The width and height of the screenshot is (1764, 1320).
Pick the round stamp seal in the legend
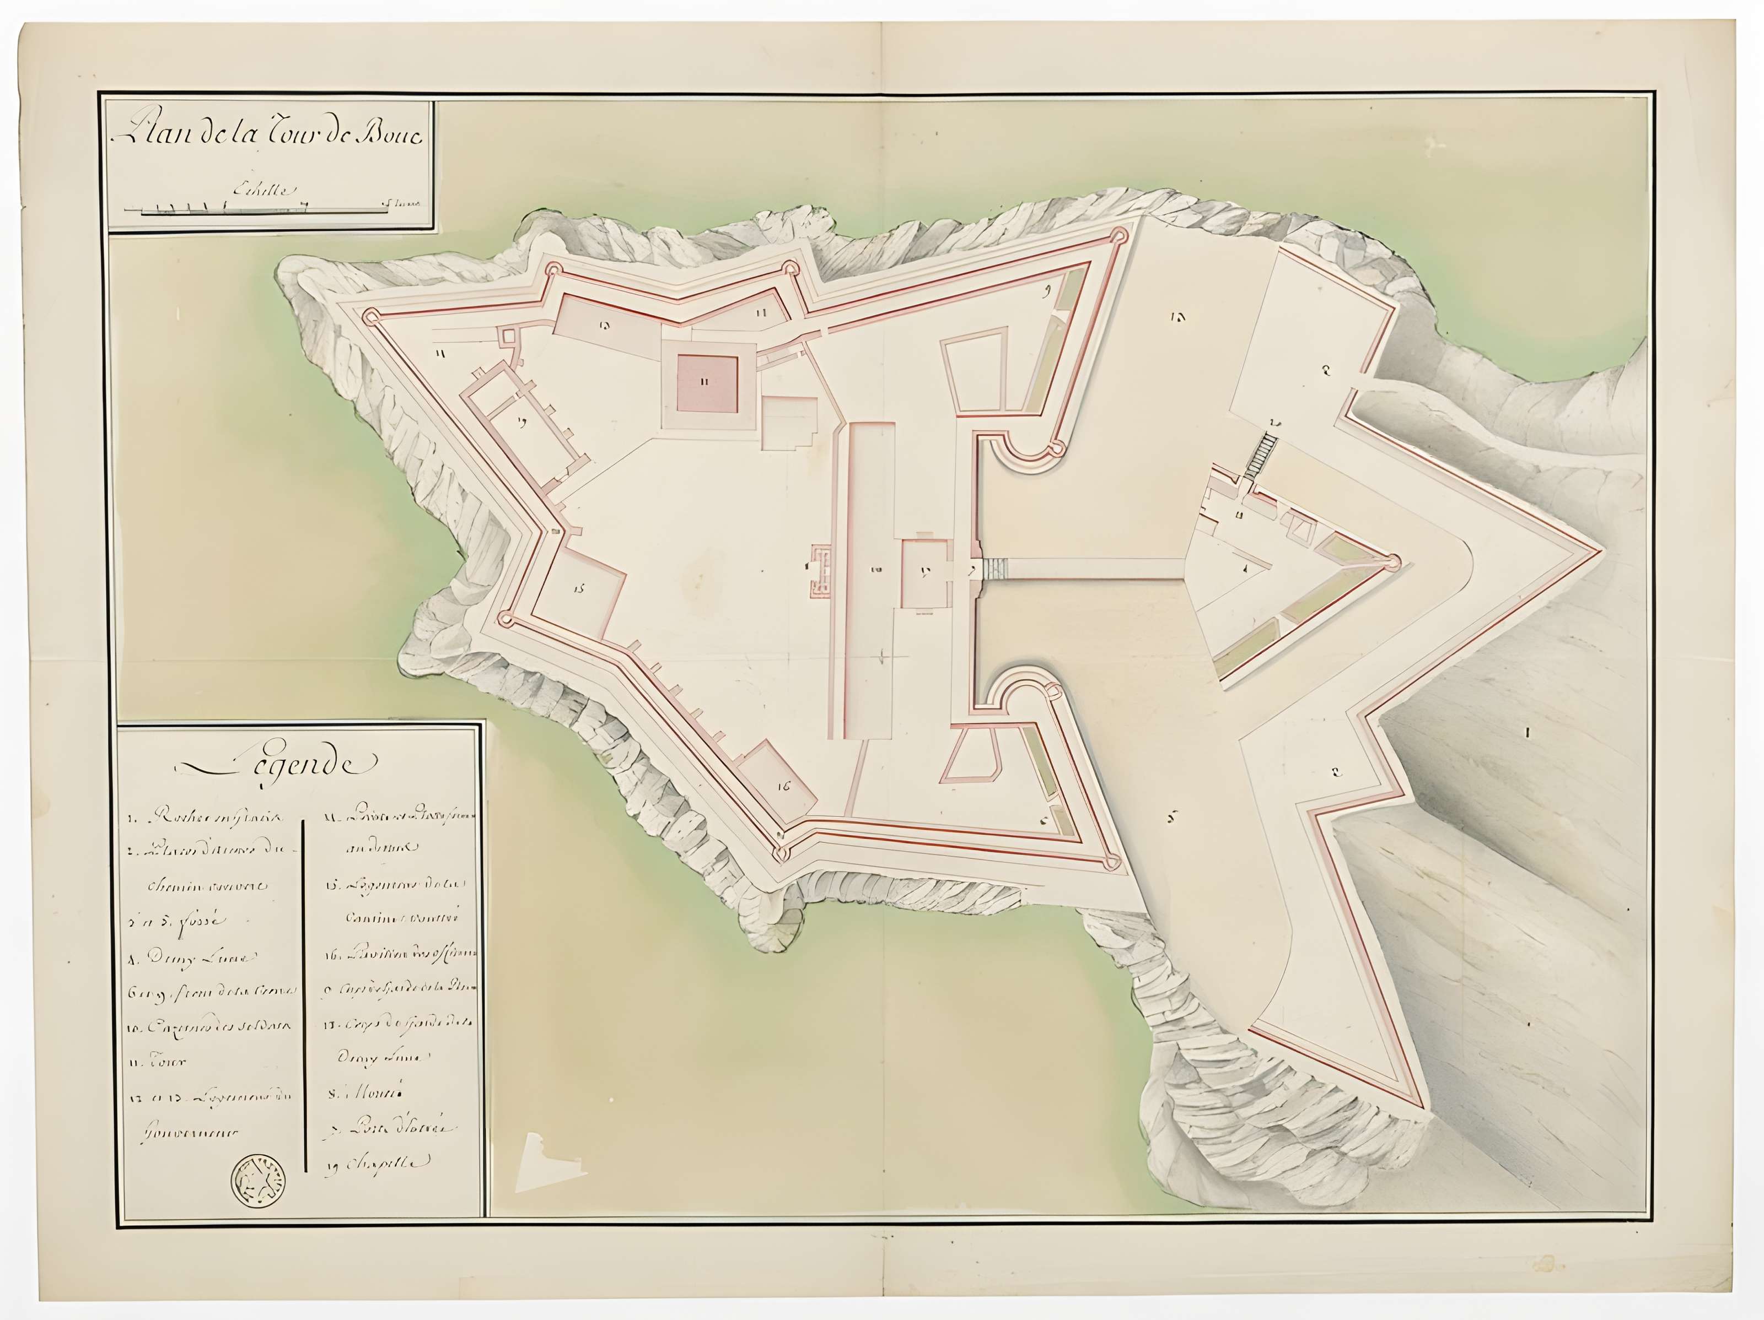(x=257, y=1181)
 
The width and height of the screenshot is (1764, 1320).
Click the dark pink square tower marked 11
(x=707, y=382)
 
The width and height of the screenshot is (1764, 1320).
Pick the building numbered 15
(x=580, y=591)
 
